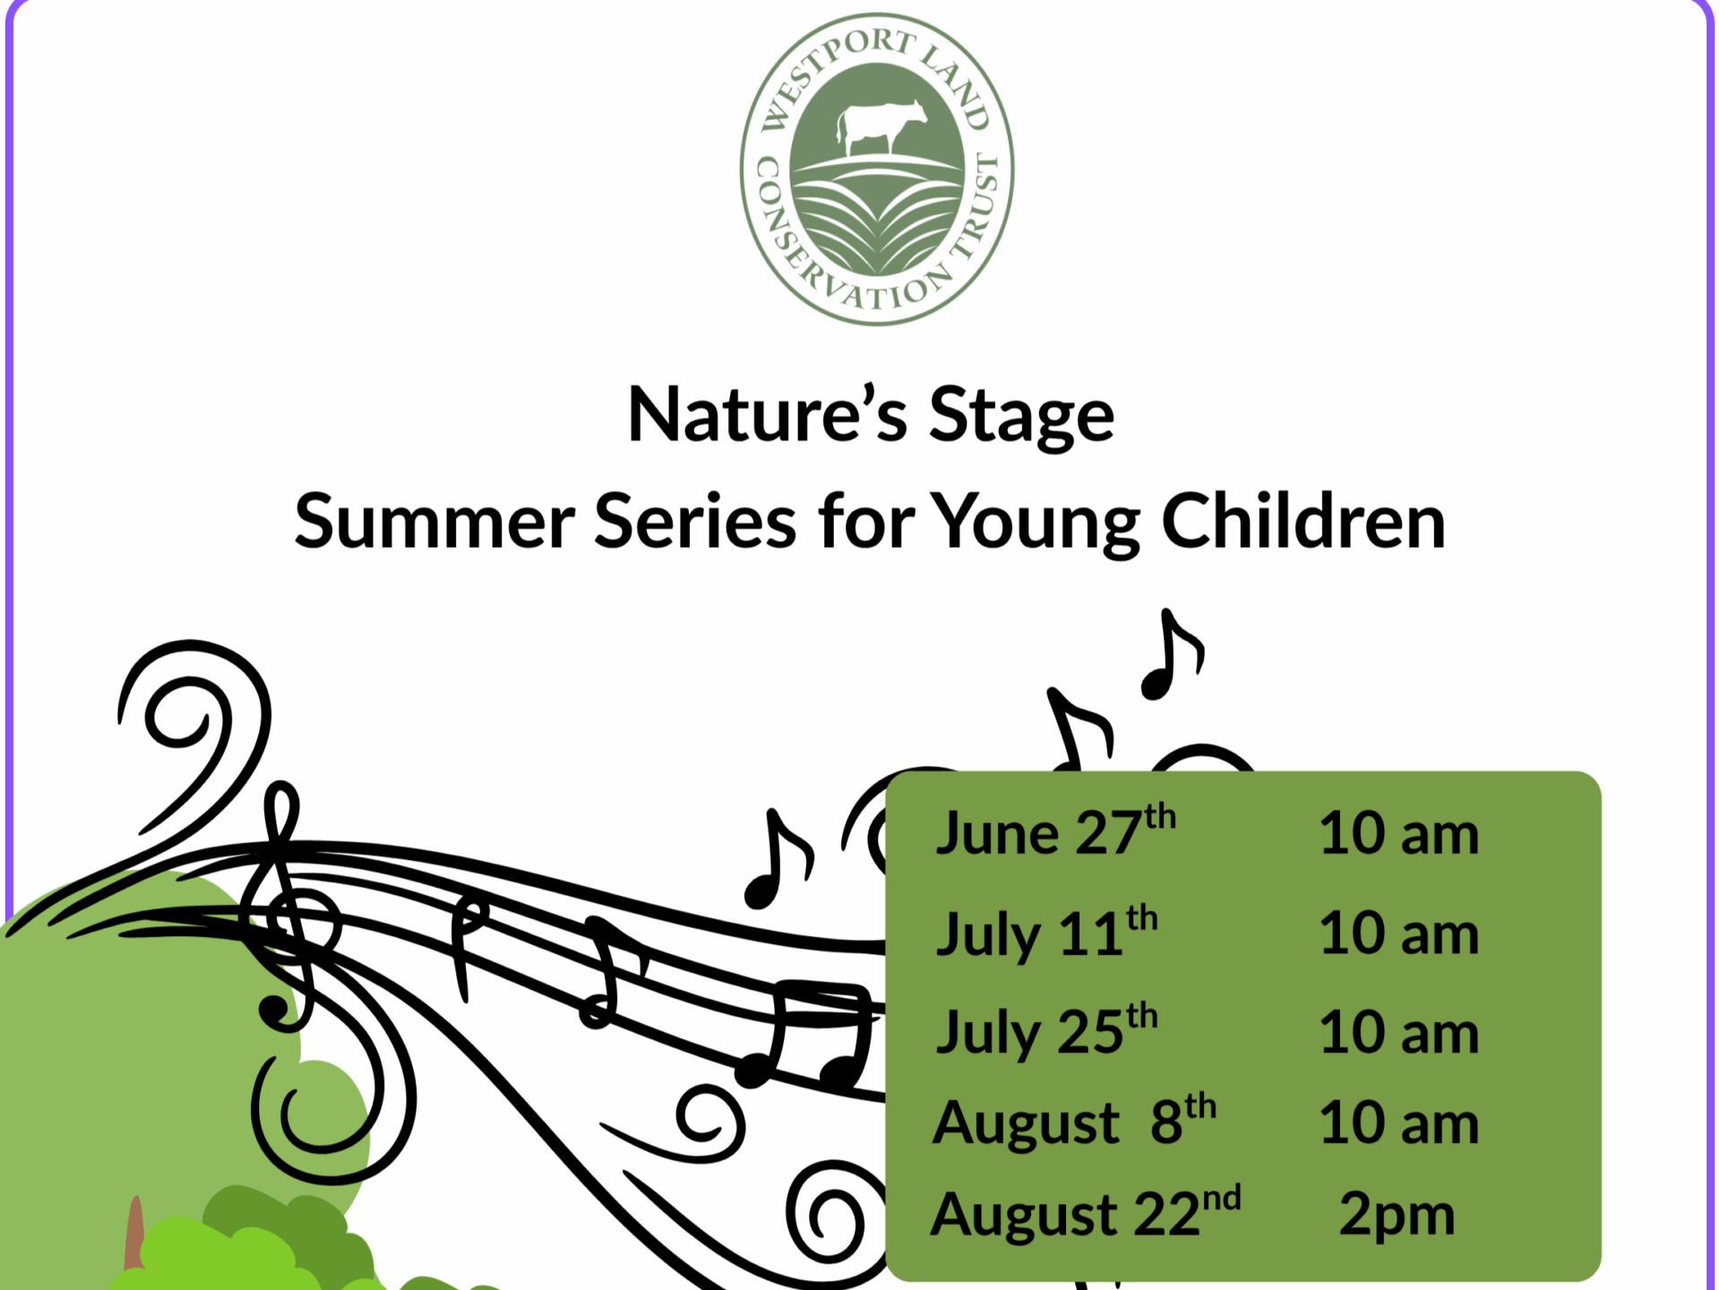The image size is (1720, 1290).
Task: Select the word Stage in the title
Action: point(1021,415)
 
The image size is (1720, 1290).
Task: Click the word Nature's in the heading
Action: point(767,414)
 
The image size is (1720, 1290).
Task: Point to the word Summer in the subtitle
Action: point(434,520)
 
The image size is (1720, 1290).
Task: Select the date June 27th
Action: point(1055,830)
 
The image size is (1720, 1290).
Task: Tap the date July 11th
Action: point(1046,933)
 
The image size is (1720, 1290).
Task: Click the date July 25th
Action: point(1046,1030)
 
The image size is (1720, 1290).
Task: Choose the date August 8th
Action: point(1074,1120)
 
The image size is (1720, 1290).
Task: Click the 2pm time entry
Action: point(1397,1216)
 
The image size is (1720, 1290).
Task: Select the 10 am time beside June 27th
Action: point(1398,833)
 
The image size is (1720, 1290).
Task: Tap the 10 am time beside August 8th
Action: point(1398,1122)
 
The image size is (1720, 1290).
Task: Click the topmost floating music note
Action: point(1172,654)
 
